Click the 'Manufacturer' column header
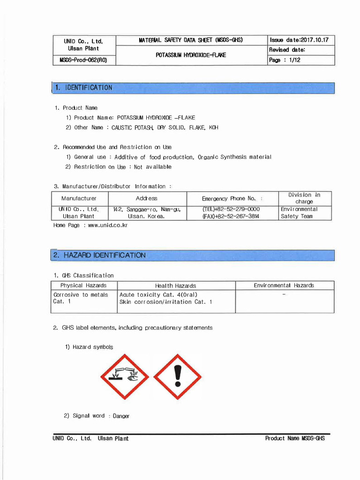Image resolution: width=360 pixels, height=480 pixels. [79, 198]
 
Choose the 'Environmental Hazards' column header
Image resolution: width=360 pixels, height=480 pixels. [284, 285]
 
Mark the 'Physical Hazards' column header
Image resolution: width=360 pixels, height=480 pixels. [83, 285]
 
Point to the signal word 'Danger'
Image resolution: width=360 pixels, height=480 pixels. [121, 416]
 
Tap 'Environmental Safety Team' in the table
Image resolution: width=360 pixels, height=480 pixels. [299, 213]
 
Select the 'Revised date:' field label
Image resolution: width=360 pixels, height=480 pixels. [287, 50]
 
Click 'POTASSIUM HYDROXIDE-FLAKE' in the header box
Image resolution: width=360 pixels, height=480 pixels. [191, 55]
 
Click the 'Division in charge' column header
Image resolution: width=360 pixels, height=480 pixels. [304, 198]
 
